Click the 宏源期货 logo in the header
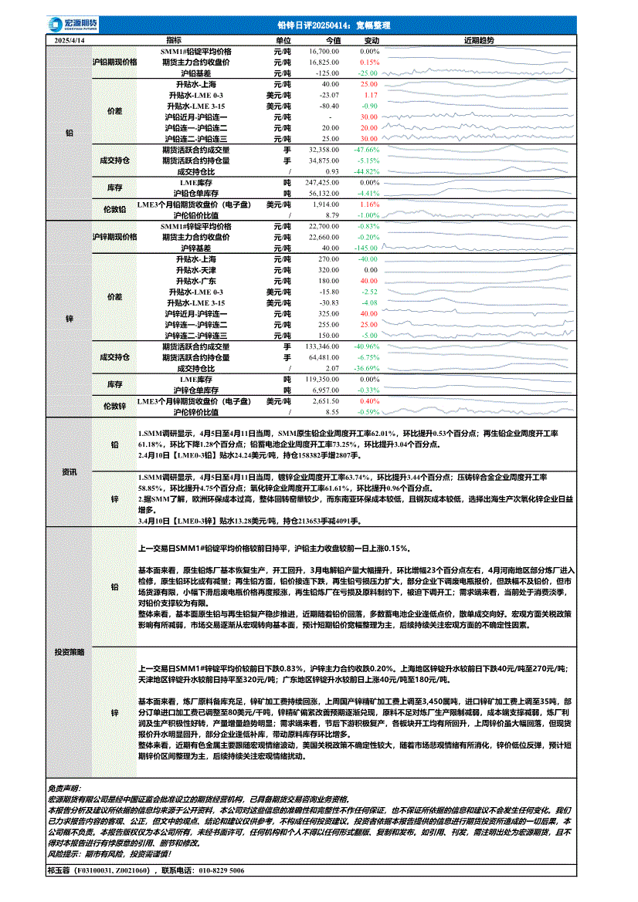click(68, 25)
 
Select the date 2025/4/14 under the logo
click(70, 40)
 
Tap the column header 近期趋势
click(479, 40)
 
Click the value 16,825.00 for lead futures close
click(324, 62)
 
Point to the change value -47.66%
click(366, 149)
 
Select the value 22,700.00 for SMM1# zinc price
click(324, 227)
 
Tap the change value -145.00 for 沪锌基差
click(366, 248)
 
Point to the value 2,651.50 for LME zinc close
click(325, 401)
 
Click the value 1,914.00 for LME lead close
click(325, 204)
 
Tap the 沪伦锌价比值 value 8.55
click(332, 412)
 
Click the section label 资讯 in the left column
click(70, 471)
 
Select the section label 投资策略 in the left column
click(70, 652)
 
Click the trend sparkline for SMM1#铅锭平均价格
click(479, 51)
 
